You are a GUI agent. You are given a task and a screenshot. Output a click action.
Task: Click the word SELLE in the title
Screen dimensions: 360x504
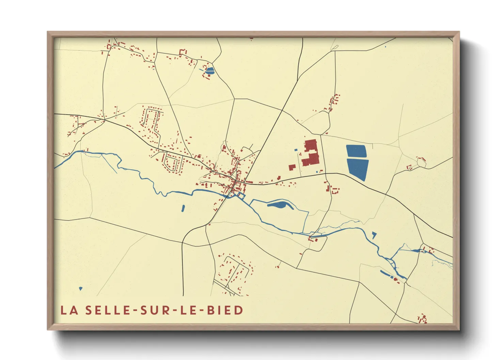point(107,310)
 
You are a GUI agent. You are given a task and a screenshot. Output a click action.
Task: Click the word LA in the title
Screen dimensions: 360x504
point(69,310)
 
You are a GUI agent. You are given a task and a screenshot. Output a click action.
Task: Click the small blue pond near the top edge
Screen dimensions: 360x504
point(210,71)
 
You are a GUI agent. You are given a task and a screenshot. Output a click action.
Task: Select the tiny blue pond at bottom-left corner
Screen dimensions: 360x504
point(81,289)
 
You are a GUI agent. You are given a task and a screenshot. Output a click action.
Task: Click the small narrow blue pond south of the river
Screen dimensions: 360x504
point(183,208)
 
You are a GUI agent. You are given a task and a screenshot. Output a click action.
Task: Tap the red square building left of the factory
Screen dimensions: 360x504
point(292,167)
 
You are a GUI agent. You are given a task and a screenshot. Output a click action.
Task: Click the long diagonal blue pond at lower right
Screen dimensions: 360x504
point(387,273)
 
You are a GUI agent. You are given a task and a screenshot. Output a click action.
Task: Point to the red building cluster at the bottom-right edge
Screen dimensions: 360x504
point(423,319)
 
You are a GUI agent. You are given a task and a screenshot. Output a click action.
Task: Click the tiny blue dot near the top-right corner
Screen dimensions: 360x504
point(385,47)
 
